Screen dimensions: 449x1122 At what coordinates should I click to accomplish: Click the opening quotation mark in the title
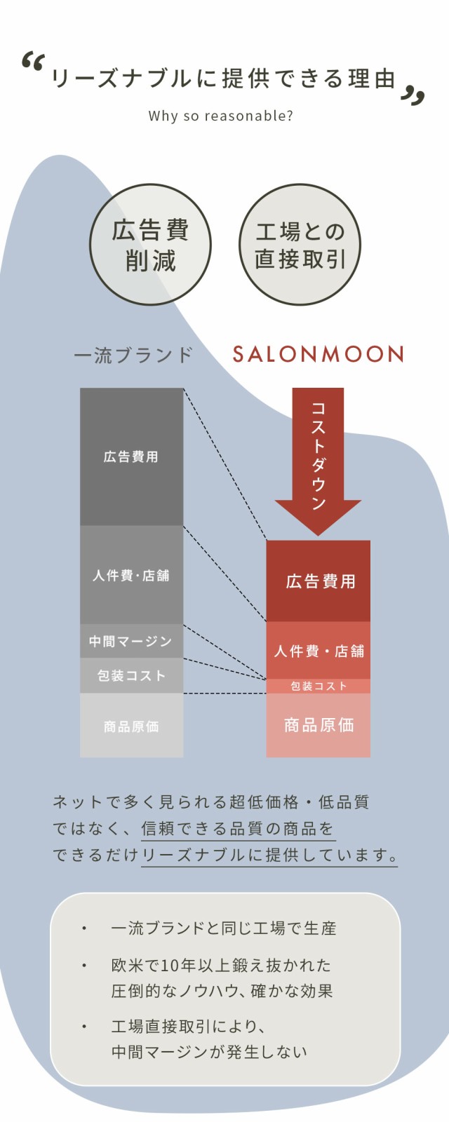(x=34, y=61)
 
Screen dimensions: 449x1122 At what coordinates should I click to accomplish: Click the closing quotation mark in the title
(x=413, y=95)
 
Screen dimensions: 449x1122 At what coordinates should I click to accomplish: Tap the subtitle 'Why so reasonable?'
(x=220, y=116)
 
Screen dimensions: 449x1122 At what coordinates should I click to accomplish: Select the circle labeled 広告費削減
(x=150, y=245)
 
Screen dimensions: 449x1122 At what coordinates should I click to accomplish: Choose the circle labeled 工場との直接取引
(x=300, y=245)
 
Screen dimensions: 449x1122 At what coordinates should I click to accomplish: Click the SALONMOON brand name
(x=319, y=354)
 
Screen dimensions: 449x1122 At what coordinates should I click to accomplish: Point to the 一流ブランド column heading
(x=133, y=355)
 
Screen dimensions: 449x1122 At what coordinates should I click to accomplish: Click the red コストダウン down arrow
(x=318, y=461)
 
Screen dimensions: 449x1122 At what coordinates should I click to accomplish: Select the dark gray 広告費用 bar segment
(x=132, y=457)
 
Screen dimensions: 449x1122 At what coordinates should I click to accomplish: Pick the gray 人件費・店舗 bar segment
(x=132, y=574)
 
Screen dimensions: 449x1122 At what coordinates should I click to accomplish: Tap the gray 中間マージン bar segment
(x=132, y=641)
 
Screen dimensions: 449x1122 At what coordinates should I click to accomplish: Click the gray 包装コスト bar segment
(x=132, y=676)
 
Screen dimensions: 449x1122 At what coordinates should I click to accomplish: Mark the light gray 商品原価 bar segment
(x=132, y=725)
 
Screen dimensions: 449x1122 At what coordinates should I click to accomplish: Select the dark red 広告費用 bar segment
(x=319, y=581)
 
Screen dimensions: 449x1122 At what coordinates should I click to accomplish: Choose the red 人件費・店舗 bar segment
(x=319, y=651)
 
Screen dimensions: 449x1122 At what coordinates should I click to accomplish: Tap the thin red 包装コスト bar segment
(x=319, y=687)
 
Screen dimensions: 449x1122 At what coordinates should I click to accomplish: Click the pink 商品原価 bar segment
(x=319, y=725)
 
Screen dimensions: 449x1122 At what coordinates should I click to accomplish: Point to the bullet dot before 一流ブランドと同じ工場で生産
(x=84, y=928)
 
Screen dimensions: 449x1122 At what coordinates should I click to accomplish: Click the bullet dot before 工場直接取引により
(x=84, y=1027)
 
